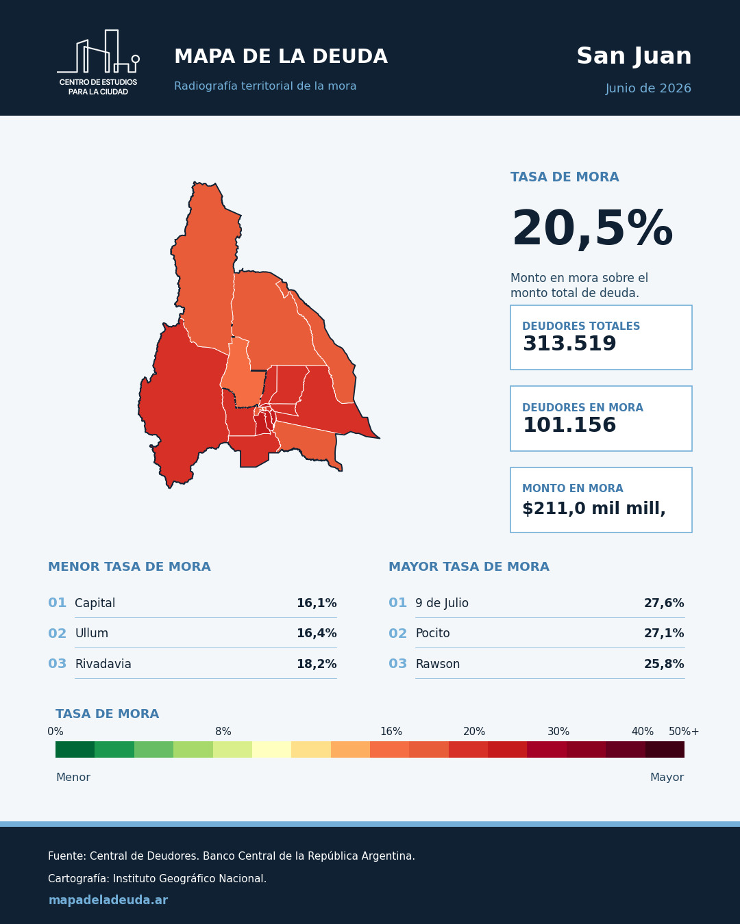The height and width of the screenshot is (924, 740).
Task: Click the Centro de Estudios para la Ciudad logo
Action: [98, 62]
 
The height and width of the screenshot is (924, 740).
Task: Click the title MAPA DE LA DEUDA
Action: [281, 57]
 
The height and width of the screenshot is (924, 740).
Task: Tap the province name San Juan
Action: [634, 57]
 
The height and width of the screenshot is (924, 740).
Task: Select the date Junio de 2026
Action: [648, 88]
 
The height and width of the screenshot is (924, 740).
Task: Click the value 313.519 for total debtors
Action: [569, 344]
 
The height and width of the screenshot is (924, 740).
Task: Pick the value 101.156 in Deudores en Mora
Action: [569, 424]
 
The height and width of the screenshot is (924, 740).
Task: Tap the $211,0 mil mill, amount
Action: [594, 509]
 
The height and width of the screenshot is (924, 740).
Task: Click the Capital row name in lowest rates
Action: [95, 603]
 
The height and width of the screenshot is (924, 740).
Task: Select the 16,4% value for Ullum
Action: [317, 633]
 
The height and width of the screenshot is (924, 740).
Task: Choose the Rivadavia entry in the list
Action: [103, 664]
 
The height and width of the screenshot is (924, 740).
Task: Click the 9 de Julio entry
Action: [441, 603]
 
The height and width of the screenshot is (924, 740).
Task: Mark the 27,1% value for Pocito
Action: [664, 633]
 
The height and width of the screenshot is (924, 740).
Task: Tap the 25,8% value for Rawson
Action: [664, 664]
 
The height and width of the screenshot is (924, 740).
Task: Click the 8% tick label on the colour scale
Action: [223, 731]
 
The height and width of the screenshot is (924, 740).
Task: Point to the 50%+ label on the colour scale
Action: [684, 731]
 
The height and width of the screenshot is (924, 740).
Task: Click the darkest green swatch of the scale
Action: [75, 749]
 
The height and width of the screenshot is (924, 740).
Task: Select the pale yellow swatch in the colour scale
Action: [271, 749]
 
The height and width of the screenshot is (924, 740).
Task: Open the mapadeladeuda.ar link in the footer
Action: [108, 900]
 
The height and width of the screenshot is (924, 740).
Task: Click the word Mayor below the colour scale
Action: [667, 777]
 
